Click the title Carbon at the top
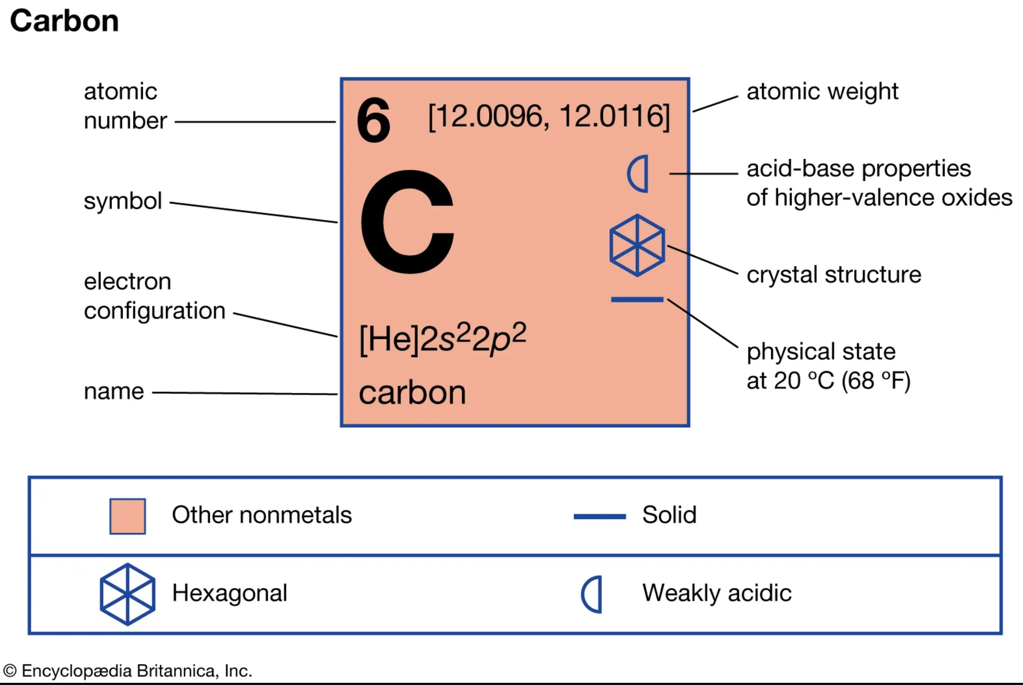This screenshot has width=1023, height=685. pyautogui.click(x=64, y=21)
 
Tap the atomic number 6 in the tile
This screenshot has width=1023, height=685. pyautogui.click(x=373, y=120)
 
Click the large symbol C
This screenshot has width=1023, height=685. pyautogui.click(x=407, y=222)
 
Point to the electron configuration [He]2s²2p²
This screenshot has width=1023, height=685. pyautogui.click(x=442, y=339)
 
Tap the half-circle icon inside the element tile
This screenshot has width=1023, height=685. pyautogui.click(x=638, y=173)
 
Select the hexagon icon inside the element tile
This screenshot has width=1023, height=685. pyautogui.click(x=637, y=245)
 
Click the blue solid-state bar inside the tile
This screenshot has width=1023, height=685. pyautogui.click(x=637, y=300)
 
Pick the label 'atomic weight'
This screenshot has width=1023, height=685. pyautogui.click(x=822, y=92)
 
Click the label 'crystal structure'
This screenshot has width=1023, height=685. pyautogui.click(x=834, y=275)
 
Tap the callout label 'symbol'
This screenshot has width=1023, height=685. pyautogui.click(x=123, y=201)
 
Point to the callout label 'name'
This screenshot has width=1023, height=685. pyautogui.click(x=114, y=391)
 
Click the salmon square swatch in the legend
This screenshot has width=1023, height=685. pyautogui.click(x=128, y=516)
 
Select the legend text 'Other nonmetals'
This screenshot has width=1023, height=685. pyautogui.click(x=261, y=515)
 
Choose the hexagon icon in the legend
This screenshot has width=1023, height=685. pyautogui.click(x=128, y=594)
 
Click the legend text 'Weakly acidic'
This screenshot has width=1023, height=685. pyautogui.click(x=717, y=593)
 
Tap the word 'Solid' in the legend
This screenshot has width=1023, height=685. pyautogui.click(x=669, y=515)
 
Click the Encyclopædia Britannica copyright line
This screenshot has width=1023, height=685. pyautogui.click(x=128, y=671)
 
